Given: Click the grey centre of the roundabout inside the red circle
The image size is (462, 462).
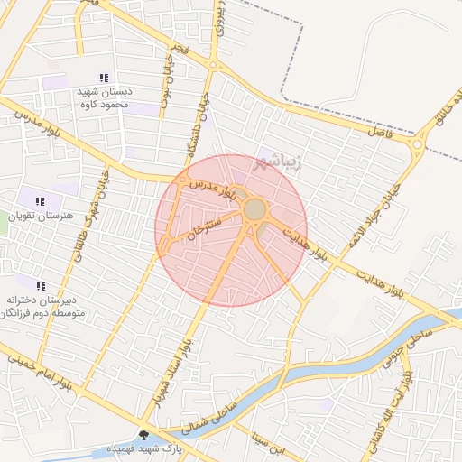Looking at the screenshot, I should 255,210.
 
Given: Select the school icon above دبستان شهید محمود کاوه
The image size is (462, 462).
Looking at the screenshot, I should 104,79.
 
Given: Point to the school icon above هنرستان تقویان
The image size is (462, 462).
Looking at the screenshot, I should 39,201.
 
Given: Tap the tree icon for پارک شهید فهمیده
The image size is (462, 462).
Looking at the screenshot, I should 143,435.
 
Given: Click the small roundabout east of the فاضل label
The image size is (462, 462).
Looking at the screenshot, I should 417,143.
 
